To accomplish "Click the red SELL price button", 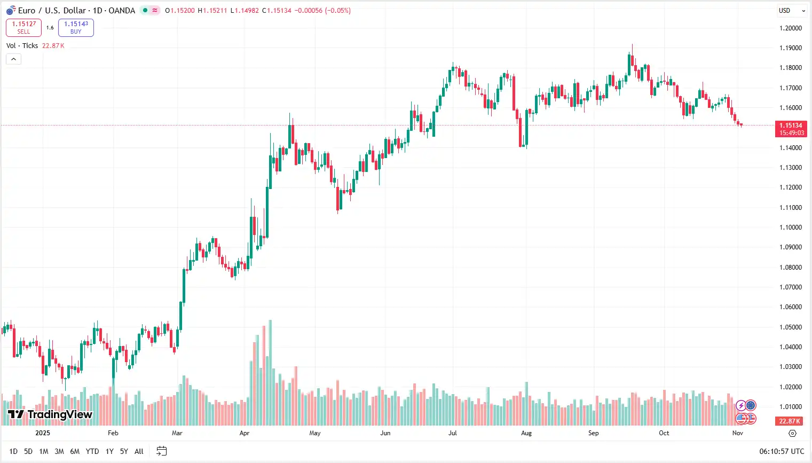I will point(23,28).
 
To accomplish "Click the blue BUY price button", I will point(76,28).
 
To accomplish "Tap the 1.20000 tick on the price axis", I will point(791,28).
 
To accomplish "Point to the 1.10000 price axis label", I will point(791,227).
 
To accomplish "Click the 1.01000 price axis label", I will point(791,407).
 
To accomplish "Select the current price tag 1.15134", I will point(791,126).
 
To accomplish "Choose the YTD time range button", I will point(92,452).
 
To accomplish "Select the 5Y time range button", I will point(124,452).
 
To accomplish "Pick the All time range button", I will point(139,452).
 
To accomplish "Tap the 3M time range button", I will point(59,452).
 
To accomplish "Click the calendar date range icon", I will point(161,452).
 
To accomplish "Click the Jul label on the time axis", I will point(453,433).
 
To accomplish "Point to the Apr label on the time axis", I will point(245,433).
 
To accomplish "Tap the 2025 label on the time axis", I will point(43,433).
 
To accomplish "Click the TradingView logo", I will point(50,414).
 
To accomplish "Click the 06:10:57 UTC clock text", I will point(782,452).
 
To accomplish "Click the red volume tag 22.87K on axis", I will point(790,421).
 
